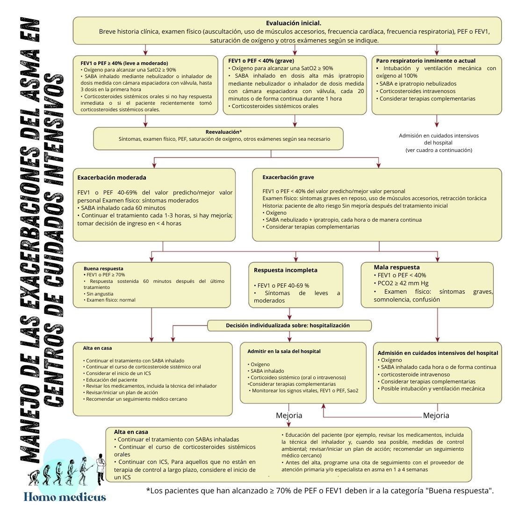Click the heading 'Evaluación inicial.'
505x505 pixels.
(x=293, y=23)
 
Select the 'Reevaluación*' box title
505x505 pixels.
(x=224, y=132)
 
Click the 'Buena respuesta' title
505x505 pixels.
(x=103, y=269)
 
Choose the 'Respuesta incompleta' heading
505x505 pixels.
(x=286, y=270)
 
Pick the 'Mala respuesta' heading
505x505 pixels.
(x=397, y=267)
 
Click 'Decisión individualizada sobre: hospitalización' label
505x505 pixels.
(x=288, y=325)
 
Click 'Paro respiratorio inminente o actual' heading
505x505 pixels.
(x=426, y=61)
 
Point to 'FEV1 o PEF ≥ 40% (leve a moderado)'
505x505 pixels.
(x=124, y=63)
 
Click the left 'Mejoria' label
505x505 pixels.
(x=289, y=415)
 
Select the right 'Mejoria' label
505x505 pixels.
(x=436, y=415)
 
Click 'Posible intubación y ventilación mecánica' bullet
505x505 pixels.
(x=433, y=389)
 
